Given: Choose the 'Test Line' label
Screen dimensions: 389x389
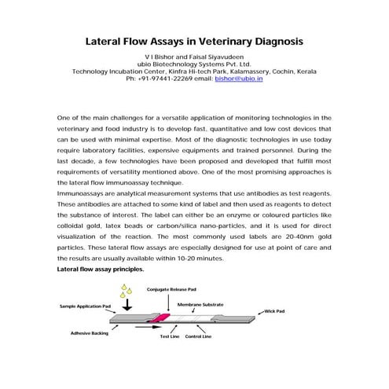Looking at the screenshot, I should [x=170, y=336].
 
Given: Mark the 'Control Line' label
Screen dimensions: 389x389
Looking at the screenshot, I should [x=198, y=336].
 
